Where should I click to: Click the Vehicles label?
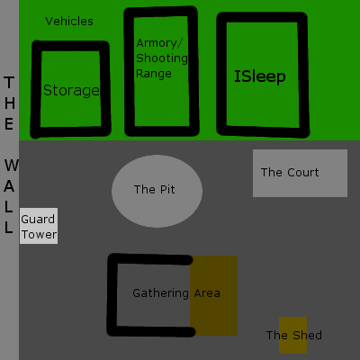tap(69, 22)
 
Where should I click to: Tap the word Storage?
tap(71, 90)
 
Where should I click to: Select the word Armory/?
tap(159, 43)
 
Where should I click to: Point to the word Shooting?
tap(162, 58)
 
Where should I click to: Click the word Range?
tap(154, 74)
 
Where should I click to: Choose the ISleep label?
tap(260, 76)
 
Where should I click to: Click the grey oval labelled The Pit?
tap(157, 191)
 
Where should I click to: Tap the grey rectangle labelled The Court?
tap(300, 173)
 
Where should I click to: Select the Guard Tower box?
tap(39, 226)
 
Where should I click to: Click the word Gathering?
tap(160, 293)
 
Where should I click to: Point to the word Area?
tap(207, 293)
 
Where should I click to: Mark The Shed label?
tap(294, 335)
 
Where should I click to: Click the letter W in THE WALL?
tap(12, 166)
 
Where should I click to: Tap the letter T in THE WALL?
tap(9, 83)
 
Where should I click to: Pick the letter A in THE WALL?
tap(9, 186)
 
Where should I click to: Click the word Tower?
tap(39, 235)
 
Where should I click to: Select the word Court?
tap(303, 173)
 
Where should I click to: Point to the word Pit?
tap(167, 190)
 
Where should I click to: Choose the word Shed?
tap(307, 335)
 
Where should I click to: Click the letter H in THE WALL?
tap(10, 103)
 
